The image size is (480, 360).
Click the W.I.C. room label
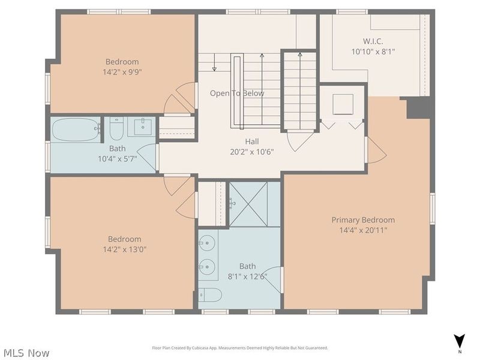pyautogui.click(x=372, y=41)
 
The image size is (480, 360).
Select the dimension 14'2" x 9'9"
pyautogui.click(x=122, y=71)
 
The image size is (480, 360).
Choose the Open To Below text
pyautogui.click(x=236, y=94)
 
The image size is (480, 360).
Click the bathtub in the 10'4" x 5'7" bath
pyautogui.click(x=76, y=129)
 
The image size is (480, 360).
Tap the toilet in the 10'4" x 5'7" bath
pyautogui.click(x=116, y=128)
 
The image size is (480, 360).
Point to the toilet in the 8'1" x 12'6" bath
pyautogui.click(x=210, y=295)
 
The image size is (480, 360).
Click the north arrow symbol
pyautogui.click(x=459, y=340)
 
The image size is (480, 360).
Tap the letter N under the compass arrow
pyautogui.click(x=459, y=352)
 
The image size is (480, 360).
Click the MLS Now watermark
pyautogui.click(x=27, y=353)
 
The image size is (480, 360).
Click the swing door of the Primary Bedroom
pyautogui.click(x=376, y=150)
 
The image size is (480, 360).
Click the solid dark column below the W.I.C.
pyautogui.click(x=420, y=107)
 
